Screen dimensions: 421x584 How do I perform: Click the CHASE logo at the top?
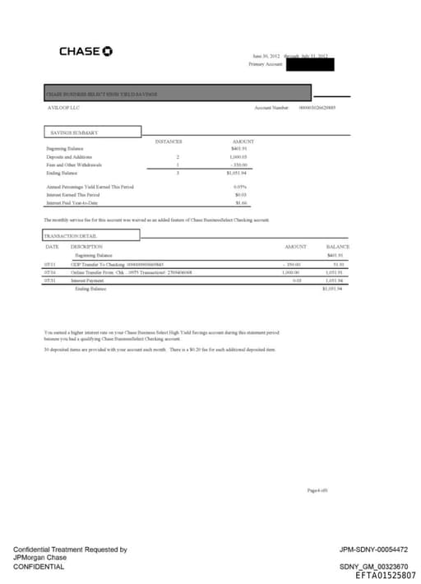pos(86,51)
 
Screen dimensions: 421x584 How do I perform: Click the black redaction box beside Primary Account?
pos(308,63)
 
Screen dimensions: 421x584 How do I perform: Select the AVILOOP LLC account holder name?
pos(63,107)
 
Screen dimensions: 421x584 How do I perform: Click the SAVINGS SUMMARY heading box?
pos(91,132)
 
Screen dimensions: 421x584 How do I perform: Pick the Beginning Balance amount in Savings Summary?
pos(239,149)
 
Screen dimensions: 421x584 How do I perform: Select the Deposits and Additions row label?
pos(69,156)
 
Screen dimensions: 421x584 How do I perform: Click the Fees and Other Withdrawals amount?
pos(239,165)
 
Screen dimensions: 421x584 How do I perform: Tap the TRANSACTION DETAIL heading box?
pos(91,235)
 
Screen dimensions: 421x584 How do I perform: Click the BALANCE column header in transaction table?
pos(337,246)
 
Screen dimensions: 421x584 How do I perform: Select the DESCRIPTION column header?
pos(86,246)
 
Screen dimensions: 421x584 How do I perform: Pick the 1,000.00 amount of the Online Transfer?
pos(291,271)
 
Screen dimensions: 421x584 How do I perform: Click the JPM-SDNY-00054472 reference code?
pos(373,549)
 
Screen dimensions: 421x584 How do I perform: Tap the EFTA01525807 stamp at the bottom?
pos(386,575)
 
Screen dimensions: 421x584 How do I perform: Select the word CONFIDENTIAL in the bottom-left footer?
pos(39,567)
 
